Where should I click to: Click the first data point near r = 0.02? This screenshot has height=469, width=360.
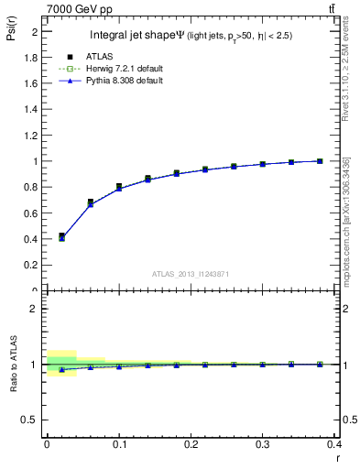click(x=61, y=236)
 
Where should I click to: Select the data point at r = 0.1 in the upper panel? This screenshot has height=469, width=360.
click(x=119, y=187)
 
